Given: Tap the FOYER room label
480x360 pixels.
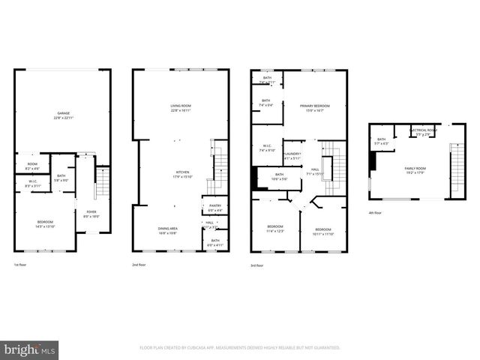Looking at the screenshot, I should (x=91, y=212).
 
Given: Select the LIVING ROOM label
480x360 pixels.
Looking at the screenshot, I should (x=180, y=107).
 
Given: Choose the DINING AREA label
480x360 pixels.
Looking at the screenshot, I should (x=167, y=229).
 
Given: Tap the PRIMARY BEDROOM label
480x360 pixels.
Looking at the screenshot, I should (x=315, y=107).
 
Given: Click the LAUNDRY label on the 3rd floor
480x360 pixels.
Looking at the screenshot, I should (x=292, y=155).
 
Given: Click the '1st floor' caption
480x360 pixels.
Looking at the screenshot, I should (x=21, y=265).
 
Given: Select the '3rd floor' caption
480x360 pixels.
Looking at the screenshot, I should (x=256, y=265).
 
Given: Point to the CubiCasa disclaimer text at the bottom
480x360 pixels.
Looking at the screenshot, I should (x=240, y=347).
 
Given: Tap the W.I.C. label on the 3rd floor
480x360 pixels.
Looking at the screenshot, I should (x=266, y=146).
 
